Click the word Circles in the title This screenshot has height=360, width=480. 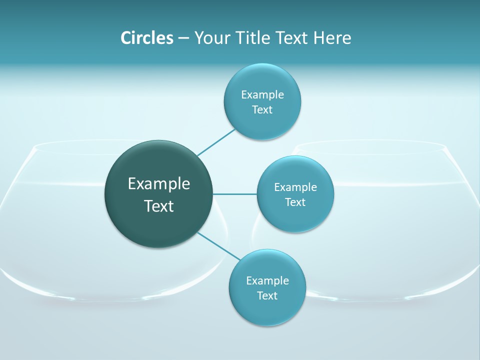pyautogui.click(x=146, y=38)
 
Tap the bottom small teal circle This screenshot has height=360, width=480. pyautogui.click(x=267, y=310)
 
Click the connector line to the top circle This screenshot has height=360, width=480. pyautogui.click(x=216, y=142)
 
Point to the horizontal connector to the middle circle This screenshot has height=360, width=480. pyautogui.click(x=235, y=194)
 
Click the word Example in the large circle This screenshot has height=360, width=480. pyautogui.click(x=159, y=183)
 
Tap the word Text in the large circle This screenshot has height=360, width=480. pyautogui.click(x=159, y=206)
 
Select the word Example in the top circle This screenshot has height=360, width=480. pyautogui.click(x=262, y=94)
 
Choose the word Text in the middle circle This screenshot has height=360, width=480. pyautogui.click(x=295, y=202)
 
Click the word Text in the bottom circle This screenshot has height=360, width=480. pyautogui.click(x=267, y=295)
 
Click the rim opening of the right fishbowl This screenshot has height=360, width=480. pyautogui.click(x=370, y=146)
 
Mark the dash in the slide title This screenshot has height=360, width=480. pyautogui.click(x=183, y=38)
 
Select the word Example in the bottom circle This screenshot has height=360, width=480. pyautogui.click(x=267, y=280)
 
